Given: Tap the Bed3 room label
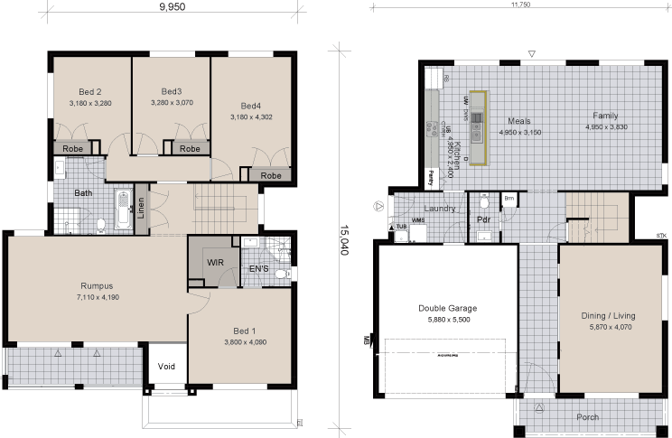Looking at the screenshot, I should [172, 91].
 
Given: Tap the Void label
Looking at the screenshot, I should [166, 368].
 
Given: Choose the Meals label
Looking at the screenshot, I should [518, 120].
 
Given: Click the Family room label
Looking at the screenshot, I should [605, 116].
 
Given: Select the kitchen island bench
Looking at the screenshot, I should [478, 126].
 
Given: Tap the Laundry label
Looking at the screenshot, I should [439, 209].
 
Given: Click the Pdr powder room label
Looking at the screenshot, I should [483, 219].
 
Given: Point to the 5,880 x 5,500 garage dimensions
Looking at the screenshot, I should [447, 319].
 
